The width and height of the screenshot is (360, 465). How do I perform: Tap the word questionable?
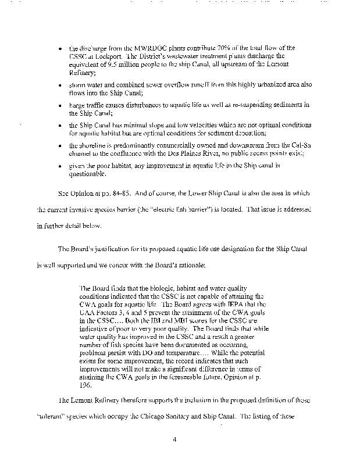[x=87, y=174]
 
